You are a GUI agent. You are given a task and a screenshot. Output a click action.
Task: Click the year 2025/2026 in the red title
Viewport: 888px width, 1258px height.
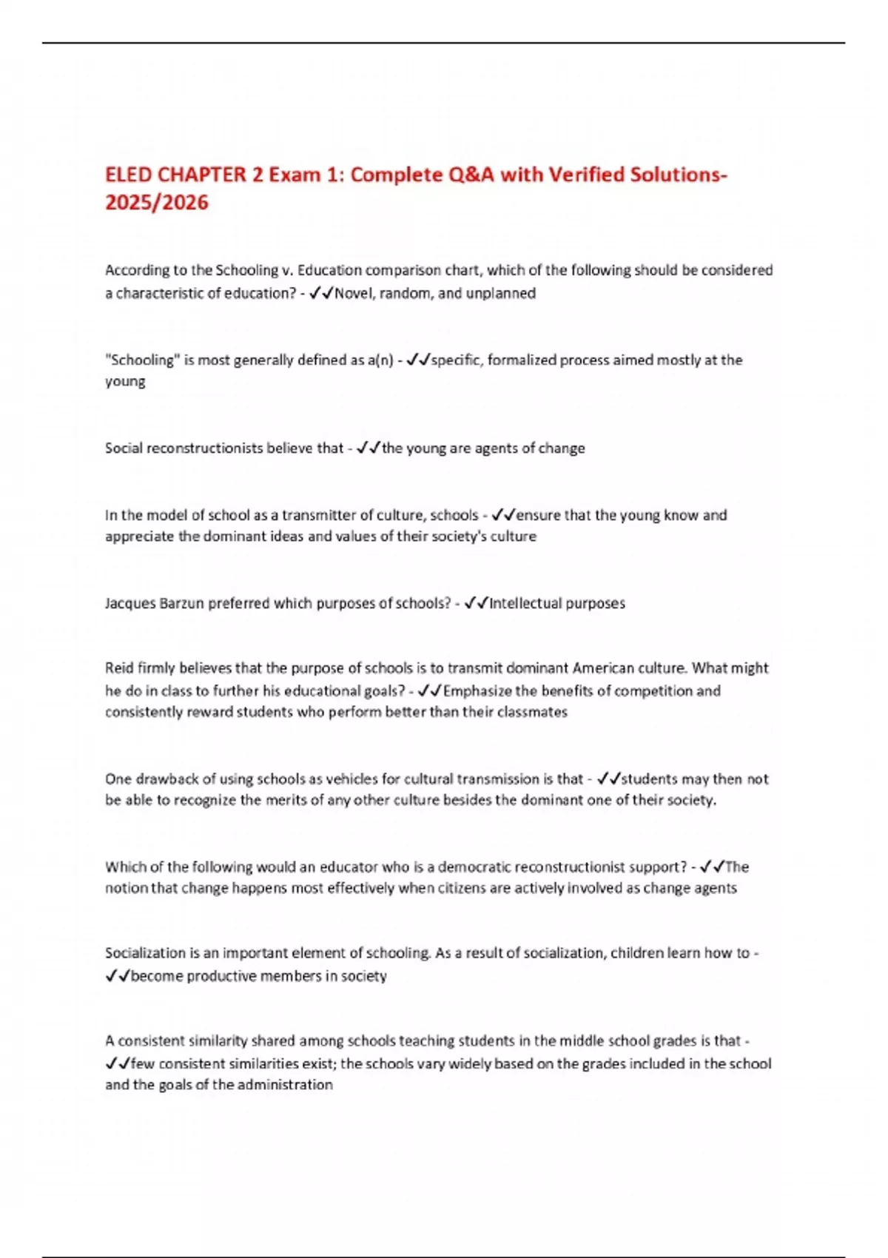point(157,202)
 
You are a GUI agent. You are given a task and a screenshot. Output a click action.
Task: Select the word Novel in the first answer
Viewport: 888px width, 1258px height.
point(354,293)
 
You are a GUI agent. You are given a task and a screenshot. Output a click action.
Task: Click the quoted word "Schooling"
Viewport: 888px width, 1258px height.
point(143,360)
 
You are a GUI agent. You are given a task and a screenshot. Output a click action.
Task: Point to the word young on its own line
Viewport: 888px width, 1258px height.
point(125,382)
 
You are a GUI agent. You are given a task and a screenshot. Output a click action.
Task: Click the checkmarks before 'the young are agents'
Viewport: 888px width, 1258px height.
point(368,448)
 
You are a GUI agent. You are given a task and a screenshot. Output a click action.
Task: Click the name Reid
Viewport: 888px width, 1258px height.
point(119,668)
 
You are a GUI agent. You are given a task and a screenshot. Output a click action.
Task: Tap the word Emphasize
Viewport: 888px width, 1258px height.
point(477,690)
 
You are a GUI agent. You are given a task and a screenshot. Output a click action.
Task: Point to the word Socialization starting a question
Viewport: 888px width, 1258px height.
point(145,953)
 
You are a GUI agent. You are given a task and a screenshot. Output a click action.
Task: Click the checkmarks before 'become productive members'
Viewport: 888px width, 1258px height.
point(118,976)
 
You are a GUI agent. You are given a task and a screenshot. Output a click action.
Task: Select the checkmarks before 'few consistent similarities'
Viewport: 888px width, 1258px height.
point(118,1063)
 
